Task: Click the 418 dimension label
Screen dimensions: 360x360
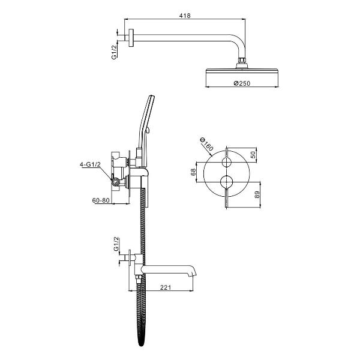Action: (185, 16)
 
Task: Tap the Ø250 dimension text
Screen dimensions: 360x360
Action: (242, 83)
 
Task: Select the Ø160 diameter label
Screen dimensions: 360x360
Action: (207, 145)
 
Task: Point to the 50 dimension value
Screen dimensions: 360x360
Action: (253, 155)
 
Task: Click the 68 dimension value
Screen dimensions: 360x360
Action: (193, 172)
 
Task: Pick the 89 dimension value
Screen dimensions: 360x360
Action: (257, 194)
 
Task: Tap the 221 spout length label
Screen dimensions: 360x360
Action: (166, 287)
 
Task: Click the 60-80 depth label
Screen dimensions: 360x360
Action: (101, 200)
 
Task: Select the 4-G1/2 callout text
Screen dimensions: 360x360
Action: (90, 164)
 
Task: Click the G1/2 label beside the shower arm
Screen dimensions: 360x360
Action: (114, 52)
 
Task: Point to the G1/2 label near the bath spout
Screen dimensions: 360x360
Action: (116, 244)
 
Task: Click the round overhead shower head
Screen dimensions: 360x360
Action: (242, 71)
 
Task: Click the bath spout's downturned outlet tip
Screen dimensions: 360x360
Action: (194, 274)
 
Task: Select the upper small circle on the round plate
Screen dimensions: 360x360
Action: (227, 163)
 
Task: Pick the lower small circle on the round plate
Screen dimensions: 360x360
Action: (227, 182)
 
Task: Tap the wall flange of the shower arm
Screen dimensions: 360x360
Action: (131, 38)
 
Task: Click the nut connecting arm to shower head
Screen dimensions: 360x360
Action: (242, 60)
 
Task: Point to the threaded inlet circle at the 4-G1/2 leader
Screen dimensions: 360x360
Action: (115, 182)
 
